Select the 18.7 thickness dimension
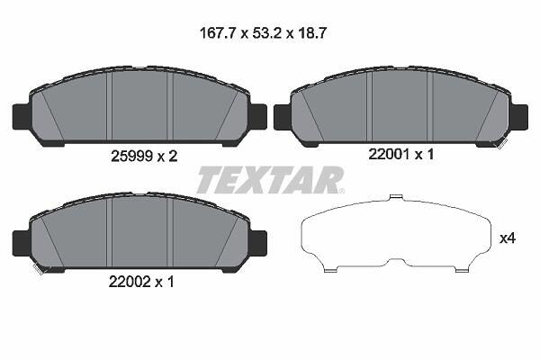tap(311, 33)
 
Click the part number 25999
tap(131, 157)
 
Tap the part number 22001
tap(389, 154)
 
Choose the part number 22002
tap(130, 282)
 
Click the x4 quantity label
tap(508, 238)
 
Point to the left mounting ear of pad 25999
tap(22, 117)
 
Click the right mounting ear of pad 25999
tap(257, 117)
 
